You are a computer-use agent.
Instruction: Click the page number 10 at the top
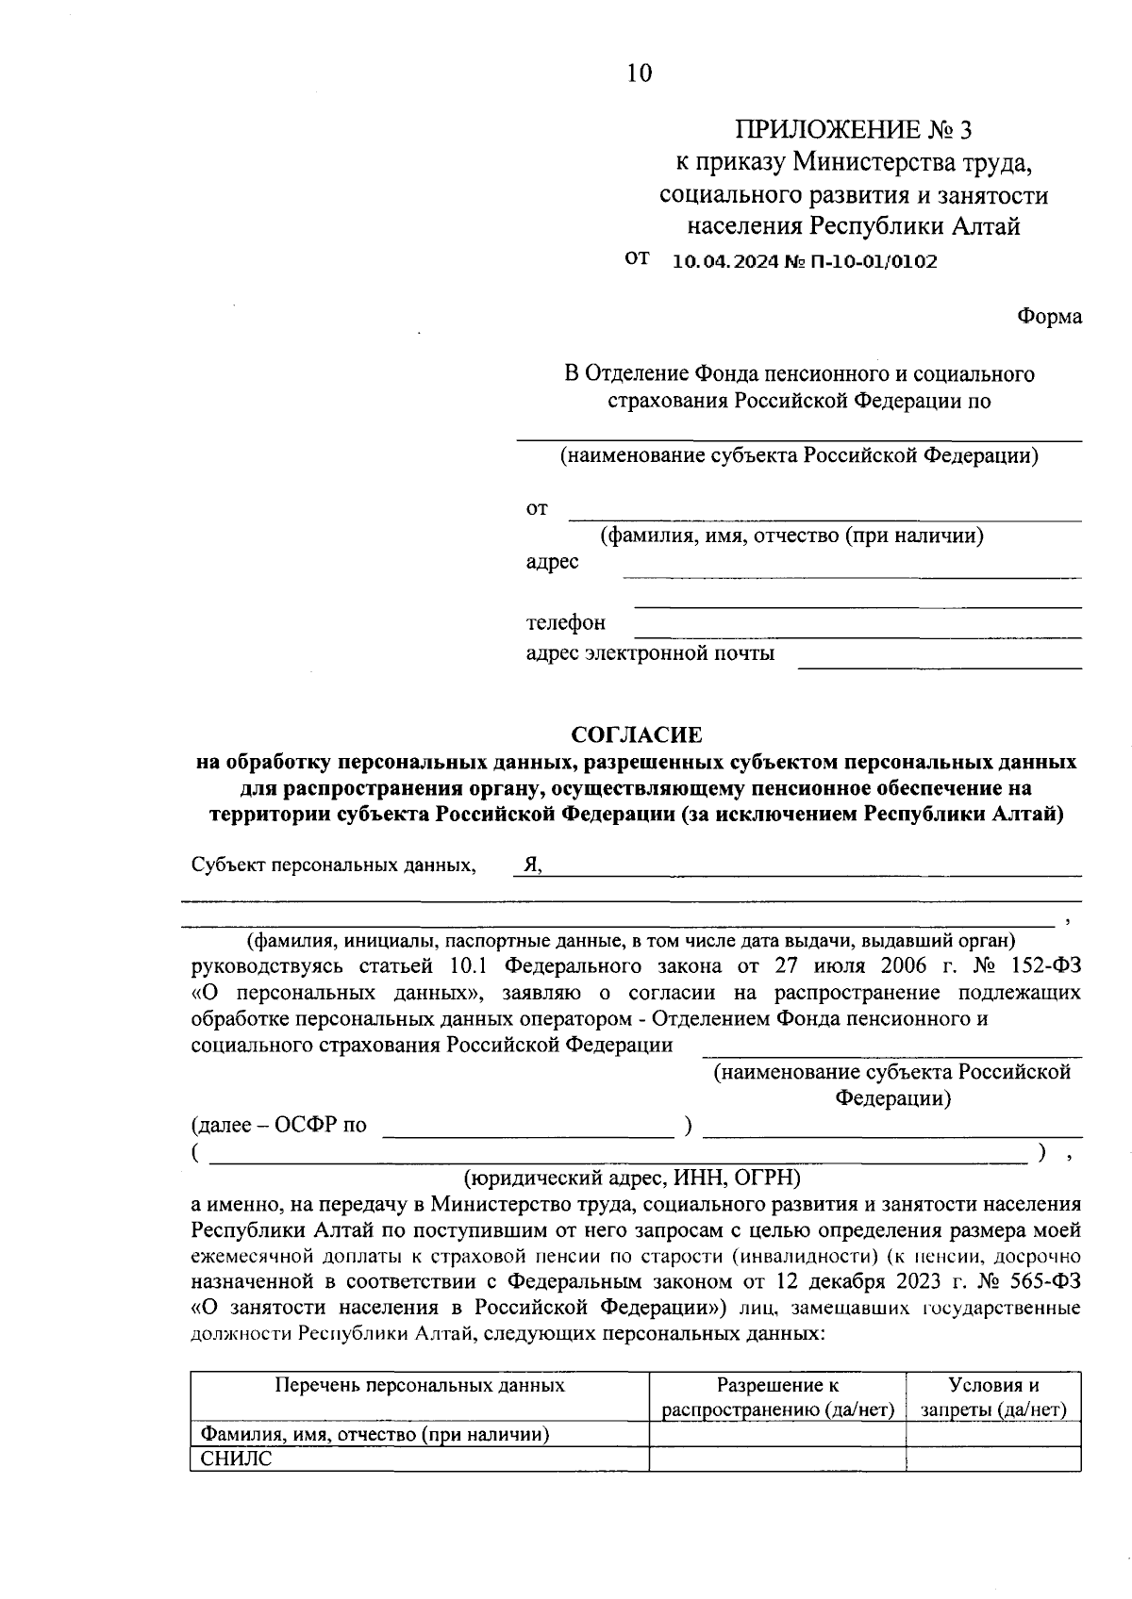point(639,73)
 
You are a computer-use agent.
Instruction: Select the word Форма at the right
point(1049,317)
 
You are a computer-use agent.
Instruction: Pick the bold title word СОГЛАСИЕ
point(638,734)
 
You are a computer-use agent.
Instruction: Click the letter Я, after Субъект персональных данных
point(533,865)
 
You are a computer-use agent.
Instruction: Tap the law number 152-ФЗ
point(1033,966)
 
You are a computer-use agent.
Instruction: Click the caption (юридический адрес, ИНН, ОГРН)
point(632,1178)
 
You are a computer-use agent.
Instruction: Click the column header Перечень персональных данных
point(420,1385)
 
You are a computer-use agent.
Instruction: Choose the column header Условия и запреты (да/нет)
point(993,1397)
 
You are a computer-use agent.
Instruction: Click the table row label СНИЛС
point(237,1459)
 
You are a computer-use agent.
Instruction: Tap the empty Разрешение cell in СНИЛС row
point(777,1459)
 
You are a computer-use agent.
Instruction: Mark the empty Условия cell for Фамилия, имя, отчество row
point(993,1434)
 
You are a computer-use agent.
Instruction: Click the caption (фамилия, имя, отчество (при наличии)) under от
point(792,536)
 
